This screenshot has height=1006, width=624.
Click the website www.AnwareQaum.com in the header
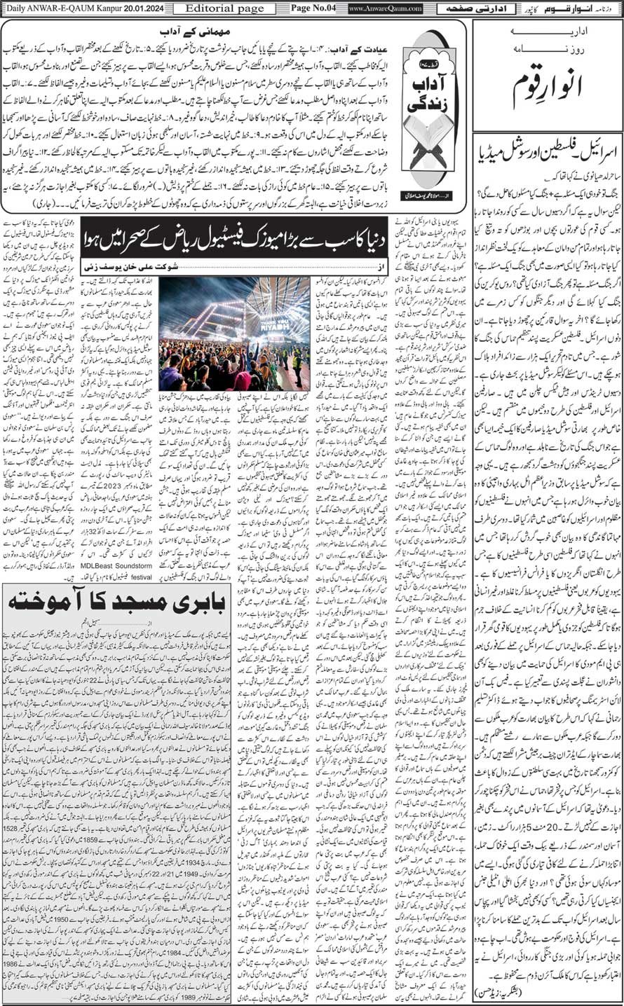(x=385, y=8)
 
